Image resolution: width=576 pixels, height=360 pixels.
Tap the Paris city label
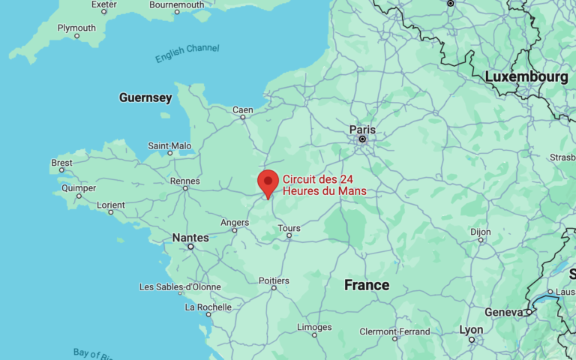coord(362,129)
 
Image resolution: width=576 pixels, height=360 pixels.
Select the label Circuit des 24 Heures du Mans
coord(325,185)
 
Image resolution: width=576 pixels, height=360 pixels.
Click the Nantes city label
coord(190,238)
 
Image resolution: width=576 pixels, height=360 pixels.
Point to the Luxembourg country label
coord(526,77)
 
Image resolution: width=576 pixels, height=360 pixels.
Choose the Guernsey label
coord(145,97)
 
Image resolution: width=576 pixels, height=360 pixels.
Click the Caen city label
coord(242,110)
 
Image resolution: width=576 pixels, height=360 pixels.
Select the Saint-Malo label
coord(169,145)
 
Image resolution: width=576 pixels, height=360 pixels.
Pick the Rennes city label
coord(185,181)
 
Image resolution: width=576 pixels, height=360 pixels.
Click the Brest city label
coord(62,163)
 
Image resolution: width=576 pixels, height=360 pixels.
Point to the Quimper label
coord(79,188)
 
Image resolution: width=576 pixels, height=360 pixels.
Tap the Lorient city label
coord(111,205)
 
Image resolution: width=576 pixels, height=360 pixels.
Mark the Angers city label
coord(235,222)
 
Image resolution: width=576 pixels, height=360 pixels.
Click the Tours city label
coord(289,228)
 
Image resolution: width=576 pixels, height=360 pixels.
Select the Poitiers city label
coord(274,280)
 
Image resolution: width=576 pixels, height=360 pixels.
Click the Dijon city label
coord(481,232)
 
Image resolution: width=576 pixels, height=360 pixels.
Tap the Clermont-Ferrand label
coord(394,331)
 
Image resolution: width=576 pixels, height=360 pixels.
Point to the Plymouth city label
coord(76,28)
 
